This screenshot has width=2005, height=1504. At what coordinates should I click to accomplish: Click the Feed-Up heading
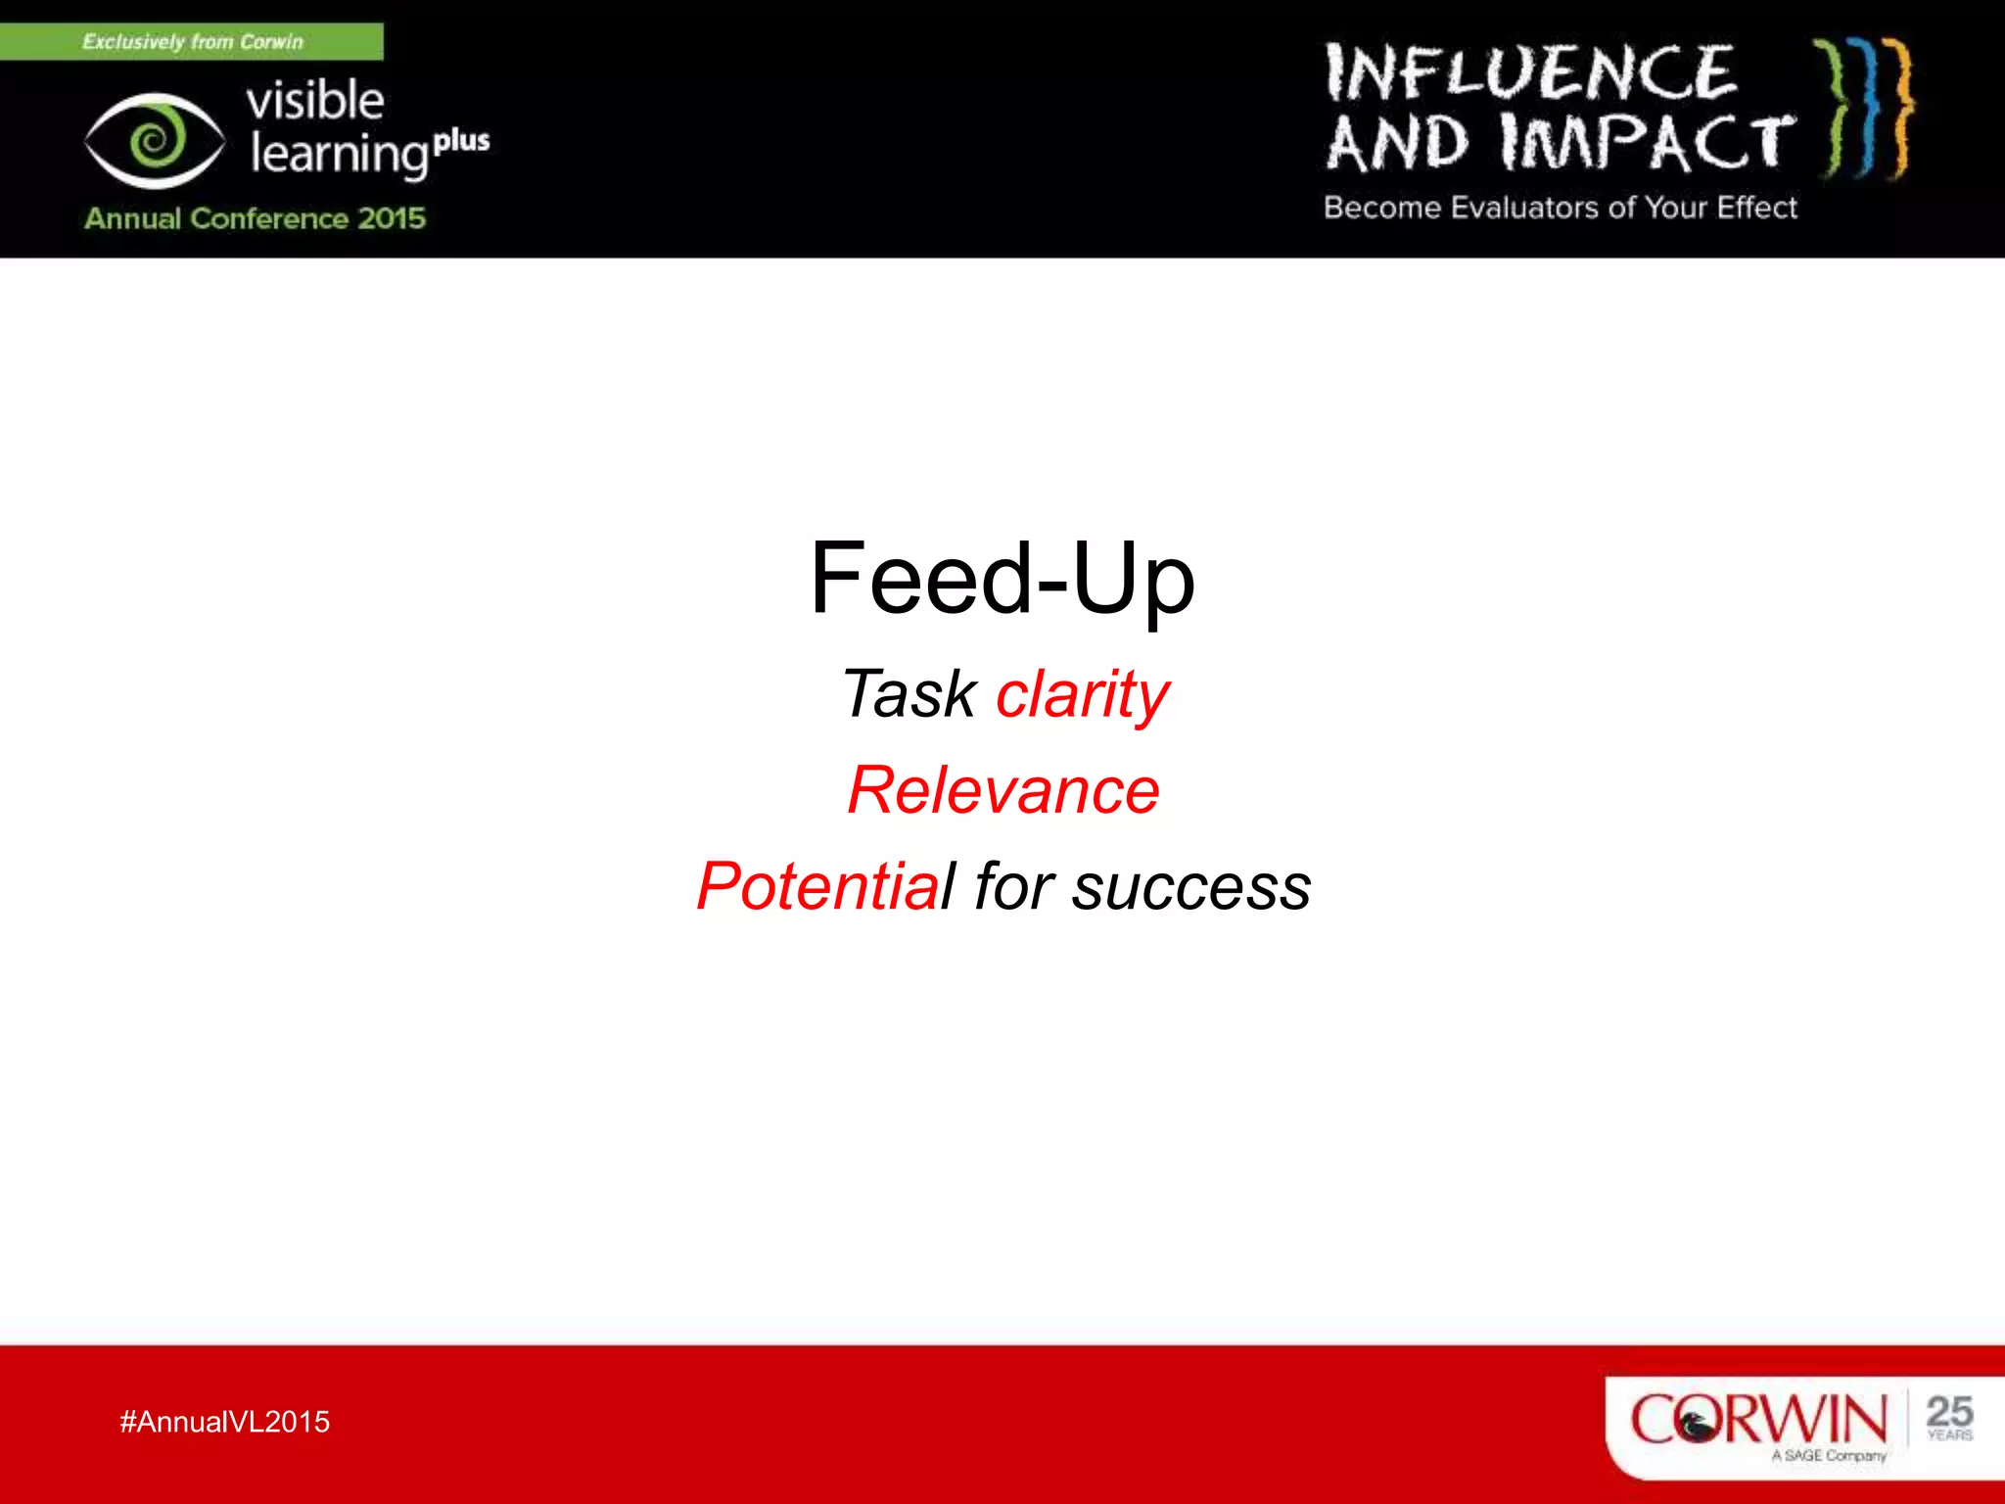click(x=1002, y=579)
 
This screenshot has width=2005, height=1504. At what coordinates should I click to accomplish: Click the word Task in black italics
click(x=909, y=694)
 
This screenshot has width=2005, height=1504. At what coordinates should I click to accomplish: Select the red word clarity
click(x=1082, y=694)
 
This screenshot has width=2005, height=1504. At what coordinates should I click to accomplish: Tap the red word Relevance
click(x=1003, y=790)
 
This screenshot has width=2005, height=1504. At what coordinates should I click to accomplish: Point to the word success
click(x=1190, y=888)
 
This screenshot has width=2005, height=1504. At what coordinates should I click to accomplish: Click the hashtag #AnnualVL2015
click(x=224, y=1422)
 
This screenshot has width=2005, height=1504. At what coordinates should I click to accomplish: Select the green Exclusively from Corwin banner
click(x=192, y=42)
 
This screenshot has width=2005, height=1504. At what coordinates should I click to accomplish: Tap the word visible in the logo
click(x=315, y=101)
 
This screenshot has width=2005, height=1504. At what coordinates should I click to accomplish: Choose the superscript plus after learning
click(x=461, y=142)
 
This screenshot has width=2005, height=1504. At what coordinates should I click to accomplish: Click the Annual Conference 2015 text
click(x=255, y=217)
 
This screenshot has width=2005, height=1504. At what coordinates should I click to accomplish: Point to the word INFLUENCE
click(x=1530, y=73)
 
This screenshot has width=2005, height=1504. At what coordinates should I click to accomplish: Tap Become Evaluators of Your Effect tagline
click(x=1561, y=208)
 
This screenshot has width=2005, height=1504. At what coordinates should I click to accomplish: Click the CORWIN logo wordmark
click(x=1757, y=1419)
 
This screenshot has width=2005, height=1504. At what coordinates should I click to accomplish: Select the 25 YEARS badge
click(x=1948, y=1418)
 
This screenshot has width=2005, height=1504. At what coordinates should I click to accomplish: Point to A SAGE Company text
click(x=1828, y=1456)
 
